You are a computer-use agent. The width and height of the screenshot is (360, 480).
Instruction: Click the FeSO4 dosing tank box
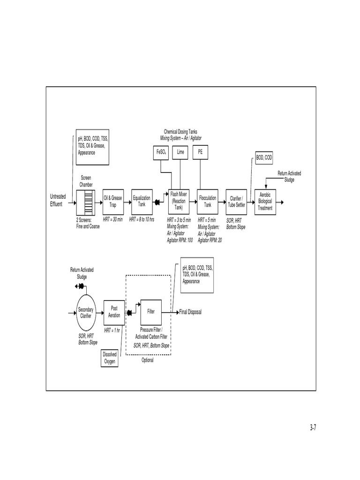[x=160, y=153]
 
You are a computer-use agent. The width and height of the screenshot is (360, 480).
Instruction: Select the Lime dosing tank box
[x=180, y=153]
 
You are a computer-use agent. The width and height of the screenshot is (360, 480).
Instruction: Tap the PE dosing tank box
[x=200, y=153]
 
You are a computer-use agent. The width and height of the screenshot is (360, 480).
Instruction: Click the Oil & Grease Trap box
[x=112, y=201]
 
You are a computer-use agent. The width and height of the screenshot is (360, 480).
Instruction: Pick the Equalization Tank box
[x=142, y=201]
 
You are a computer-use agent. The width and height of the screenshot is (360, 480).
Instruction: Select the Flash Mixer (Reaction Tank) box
[x=179, y=201]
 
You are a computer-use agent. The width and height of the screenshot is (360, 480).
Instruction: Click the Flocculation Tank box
[x=208, y=201]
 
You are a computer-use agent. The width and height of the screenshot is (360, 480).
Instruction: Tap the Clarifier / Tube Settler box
[x=237, y=201]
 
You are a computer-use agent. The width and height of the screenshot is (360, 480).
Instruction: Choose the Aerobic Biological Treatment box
[x=265, y=201]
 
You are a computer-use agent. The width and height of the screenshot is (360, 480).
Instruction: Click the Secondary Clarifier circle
[x=86, y=313]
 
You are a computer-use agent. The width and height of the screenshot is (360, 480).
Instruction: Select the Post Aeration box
[x=114, y=312]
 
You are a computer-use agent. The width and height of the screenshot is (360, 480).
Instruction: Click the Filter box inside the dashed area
[x=151, y=311]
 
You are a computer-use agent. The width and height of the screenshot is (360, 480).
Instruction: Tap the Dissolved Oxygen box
[x=110, y=358]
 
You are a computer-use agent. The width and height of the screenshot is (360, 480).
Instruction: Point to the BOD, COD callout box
[x=263, y=158]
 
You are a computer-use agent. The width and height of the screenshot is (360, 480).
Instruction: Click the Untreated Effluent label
[x=58, y=201]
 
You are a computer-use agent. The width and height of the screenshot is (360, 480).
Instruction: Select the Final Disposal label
[x=191, y=312]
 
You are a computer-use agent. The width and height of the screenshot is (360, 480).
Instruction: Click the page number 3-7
[x=314, y=427]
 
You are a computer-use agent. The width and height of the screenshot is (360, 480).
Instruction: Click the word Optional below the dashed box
[x=147, y=360]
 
